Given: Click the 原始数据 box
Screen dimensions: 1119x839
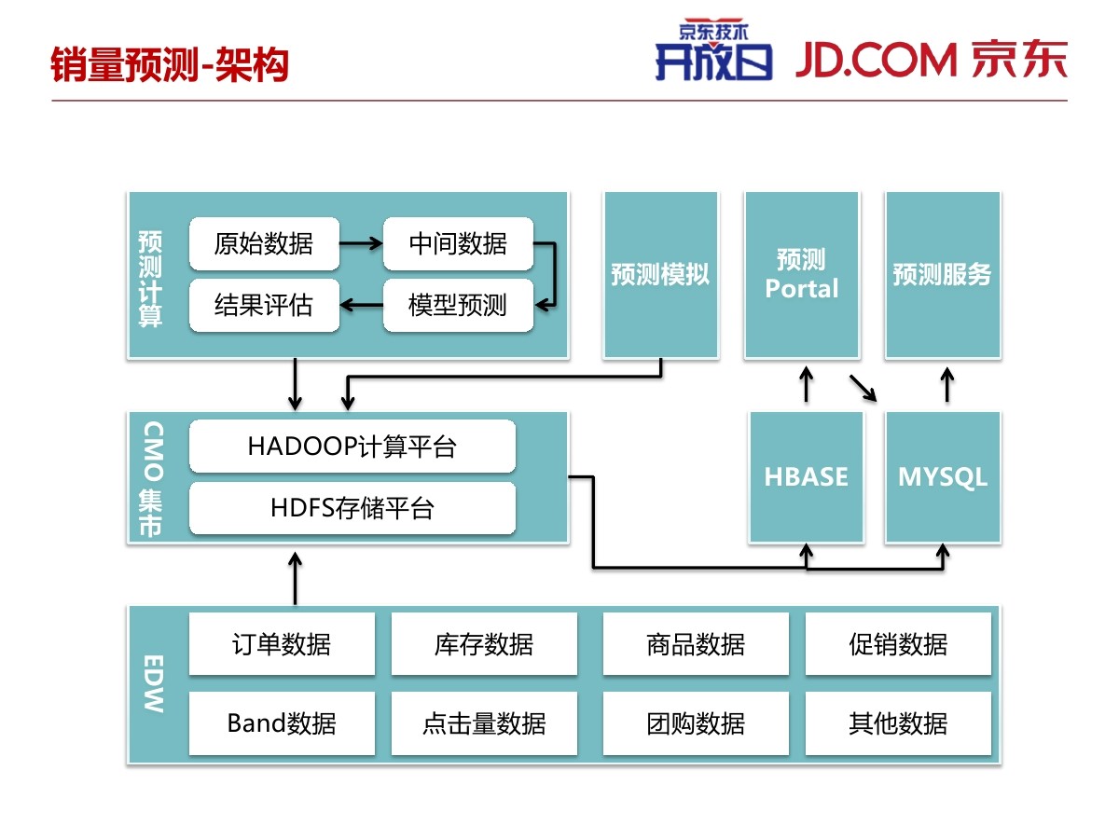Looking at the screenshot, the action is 264,243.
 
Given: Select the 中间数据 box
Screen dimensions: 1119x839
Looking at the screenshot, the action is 458,243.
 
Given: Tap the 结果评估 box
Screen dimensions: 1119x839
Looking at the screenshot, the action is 264,305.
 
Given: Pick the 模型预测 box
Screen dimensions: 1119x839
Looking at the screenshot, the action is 458,305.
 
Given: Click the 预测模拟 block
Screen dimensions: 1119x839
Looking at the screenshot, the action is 661,275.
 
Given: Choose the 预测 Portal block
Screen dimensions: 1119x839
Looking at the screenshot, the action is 802,275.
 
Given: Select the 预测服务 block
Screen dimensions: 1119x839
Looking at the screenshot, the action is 943,275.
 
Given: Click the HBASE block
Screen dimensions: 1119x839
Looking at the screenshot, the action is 806,477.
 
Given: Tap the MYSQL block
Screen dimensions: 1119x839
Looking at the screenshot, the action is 943,477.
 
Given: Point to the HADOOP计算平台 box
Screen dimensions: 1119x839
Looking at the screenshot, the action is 352,447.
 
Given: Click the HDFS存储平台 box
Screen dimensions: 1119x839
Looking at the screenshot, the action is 352,508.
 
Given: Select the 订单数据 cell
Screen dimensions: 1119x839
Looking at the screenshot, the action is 282,644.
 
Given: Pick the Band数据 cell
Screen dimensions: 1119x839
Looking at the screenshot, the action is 282,722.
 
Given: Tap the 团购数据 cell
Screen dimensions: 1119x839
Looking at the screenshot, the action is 696,722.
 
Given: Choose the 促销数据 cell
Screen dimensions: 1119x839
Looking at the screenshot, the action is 898,644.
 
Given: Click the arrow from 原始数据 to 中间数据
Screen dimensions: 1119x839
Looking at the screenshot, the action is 361,243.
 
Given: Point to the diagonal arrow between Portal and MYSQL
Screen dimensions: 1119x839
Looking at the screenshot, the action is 863,389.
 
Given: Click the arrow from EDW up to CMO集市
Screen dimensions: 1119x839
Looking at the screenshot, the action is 296,579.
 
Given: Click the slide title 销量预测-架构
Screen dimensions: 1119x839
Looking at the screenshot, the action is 170,64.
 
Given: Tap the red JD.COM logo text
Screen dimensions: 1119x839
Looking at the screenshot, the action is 876,60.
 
